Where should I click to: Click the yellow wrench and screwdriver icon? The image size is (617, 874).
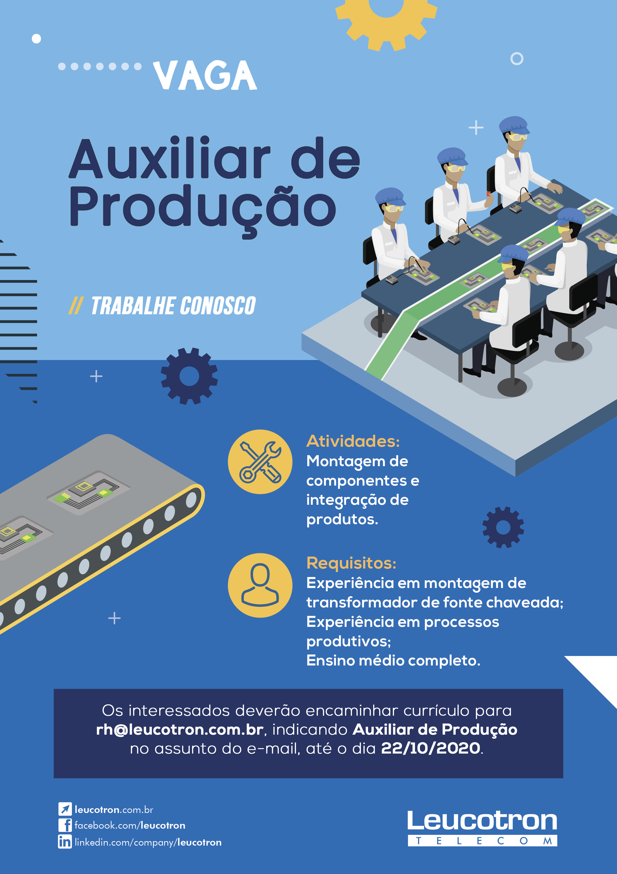click(260, 462)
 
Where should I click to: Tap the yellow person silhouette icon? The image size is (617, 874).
click(260, 585)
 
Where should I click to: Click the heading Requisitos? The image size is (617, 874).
click(351, 563)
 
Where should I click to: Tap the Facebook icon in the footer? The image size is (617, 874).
click(65, 825)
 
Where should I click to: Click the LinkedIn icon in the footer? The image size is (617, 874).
click(65, 842)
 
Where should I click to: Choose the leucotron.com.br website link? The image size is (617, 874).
click(114, 810)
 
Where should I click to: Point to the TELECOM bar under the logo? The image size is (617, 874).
click(482, 841)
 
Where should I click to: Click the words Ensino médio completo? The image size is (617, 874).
click(393, 661)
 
